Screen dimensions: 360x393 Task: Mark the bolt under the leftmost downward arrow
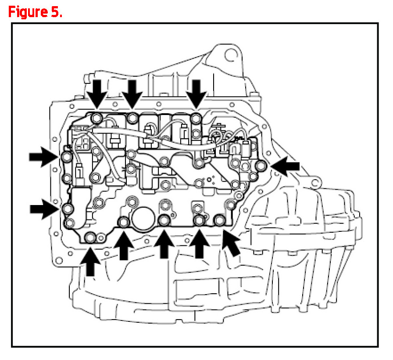97,117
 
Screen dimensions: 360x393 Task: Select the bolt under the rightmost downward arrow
196,118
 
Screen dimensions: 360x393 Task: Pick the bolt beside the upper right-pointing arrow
66,157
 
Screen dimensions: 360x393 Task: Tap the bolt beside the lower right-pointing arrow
67,209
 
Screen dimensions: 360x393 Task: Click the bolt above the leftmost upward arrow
90,238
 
